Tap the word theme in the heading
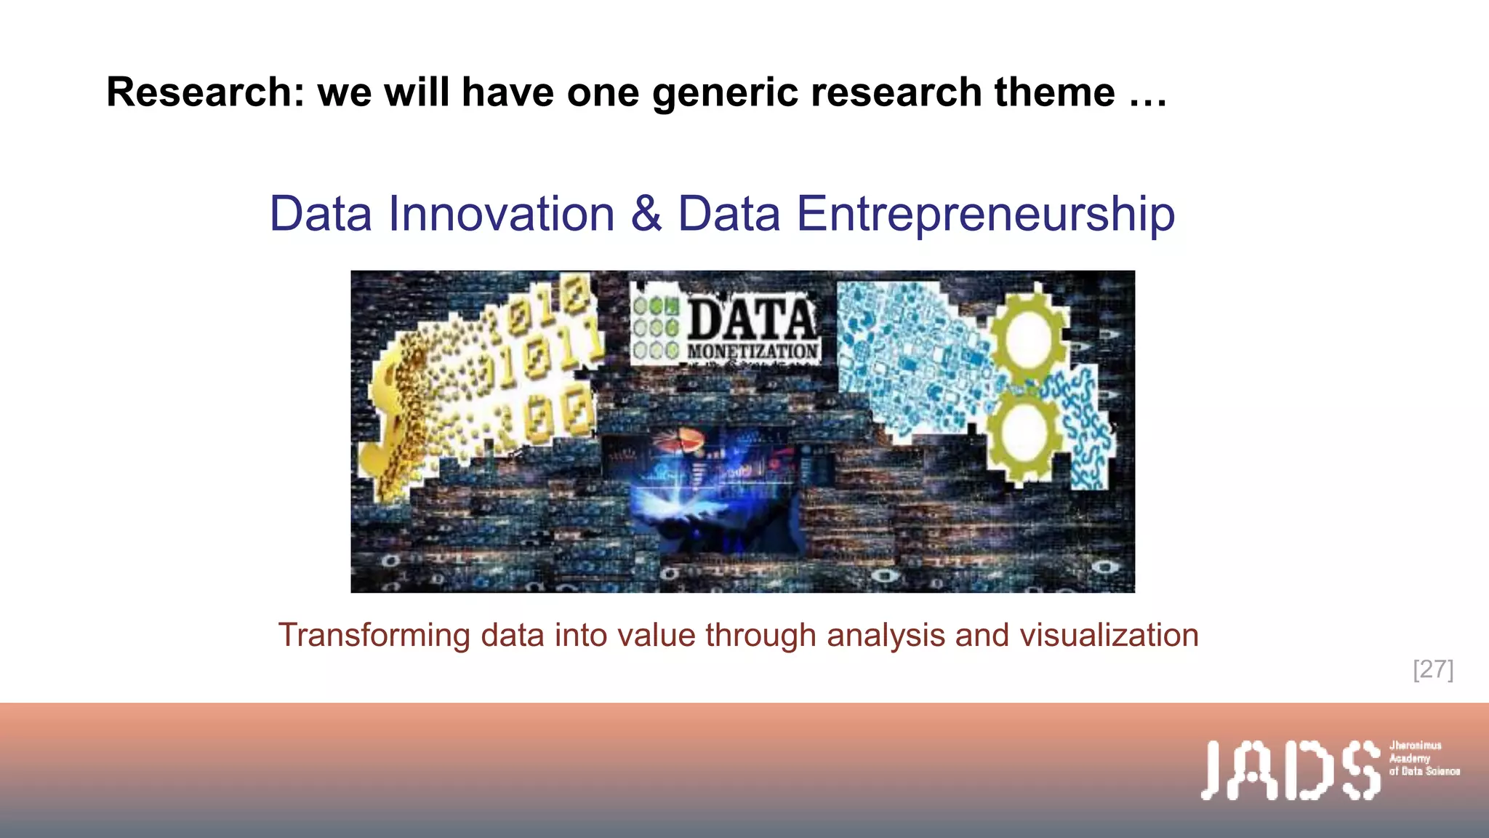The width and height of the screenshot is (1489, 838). tap(1054, 93)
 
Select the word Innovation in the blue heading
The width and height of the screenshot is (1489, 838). tap(502, 215)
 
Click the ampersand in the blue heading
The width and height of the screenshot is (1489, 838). tap(646, 215)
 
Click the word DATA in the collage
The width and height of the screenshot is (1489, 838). tap(751, 319)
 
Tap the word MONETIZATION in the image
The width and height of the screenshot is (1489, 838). tap(752, 352)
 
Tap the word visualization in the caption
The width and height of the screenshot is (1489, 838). tap(1109, 635)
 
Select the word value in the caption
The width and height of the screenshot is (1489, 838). tap(656, 635)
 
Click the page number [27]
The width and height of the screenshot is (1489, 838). tap(1433, 669)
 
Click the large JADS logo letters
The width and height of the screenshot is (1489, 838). tap(1290, 770)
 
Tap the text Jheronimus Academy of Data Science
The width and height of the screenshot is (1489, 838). tap(1424, 758)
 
